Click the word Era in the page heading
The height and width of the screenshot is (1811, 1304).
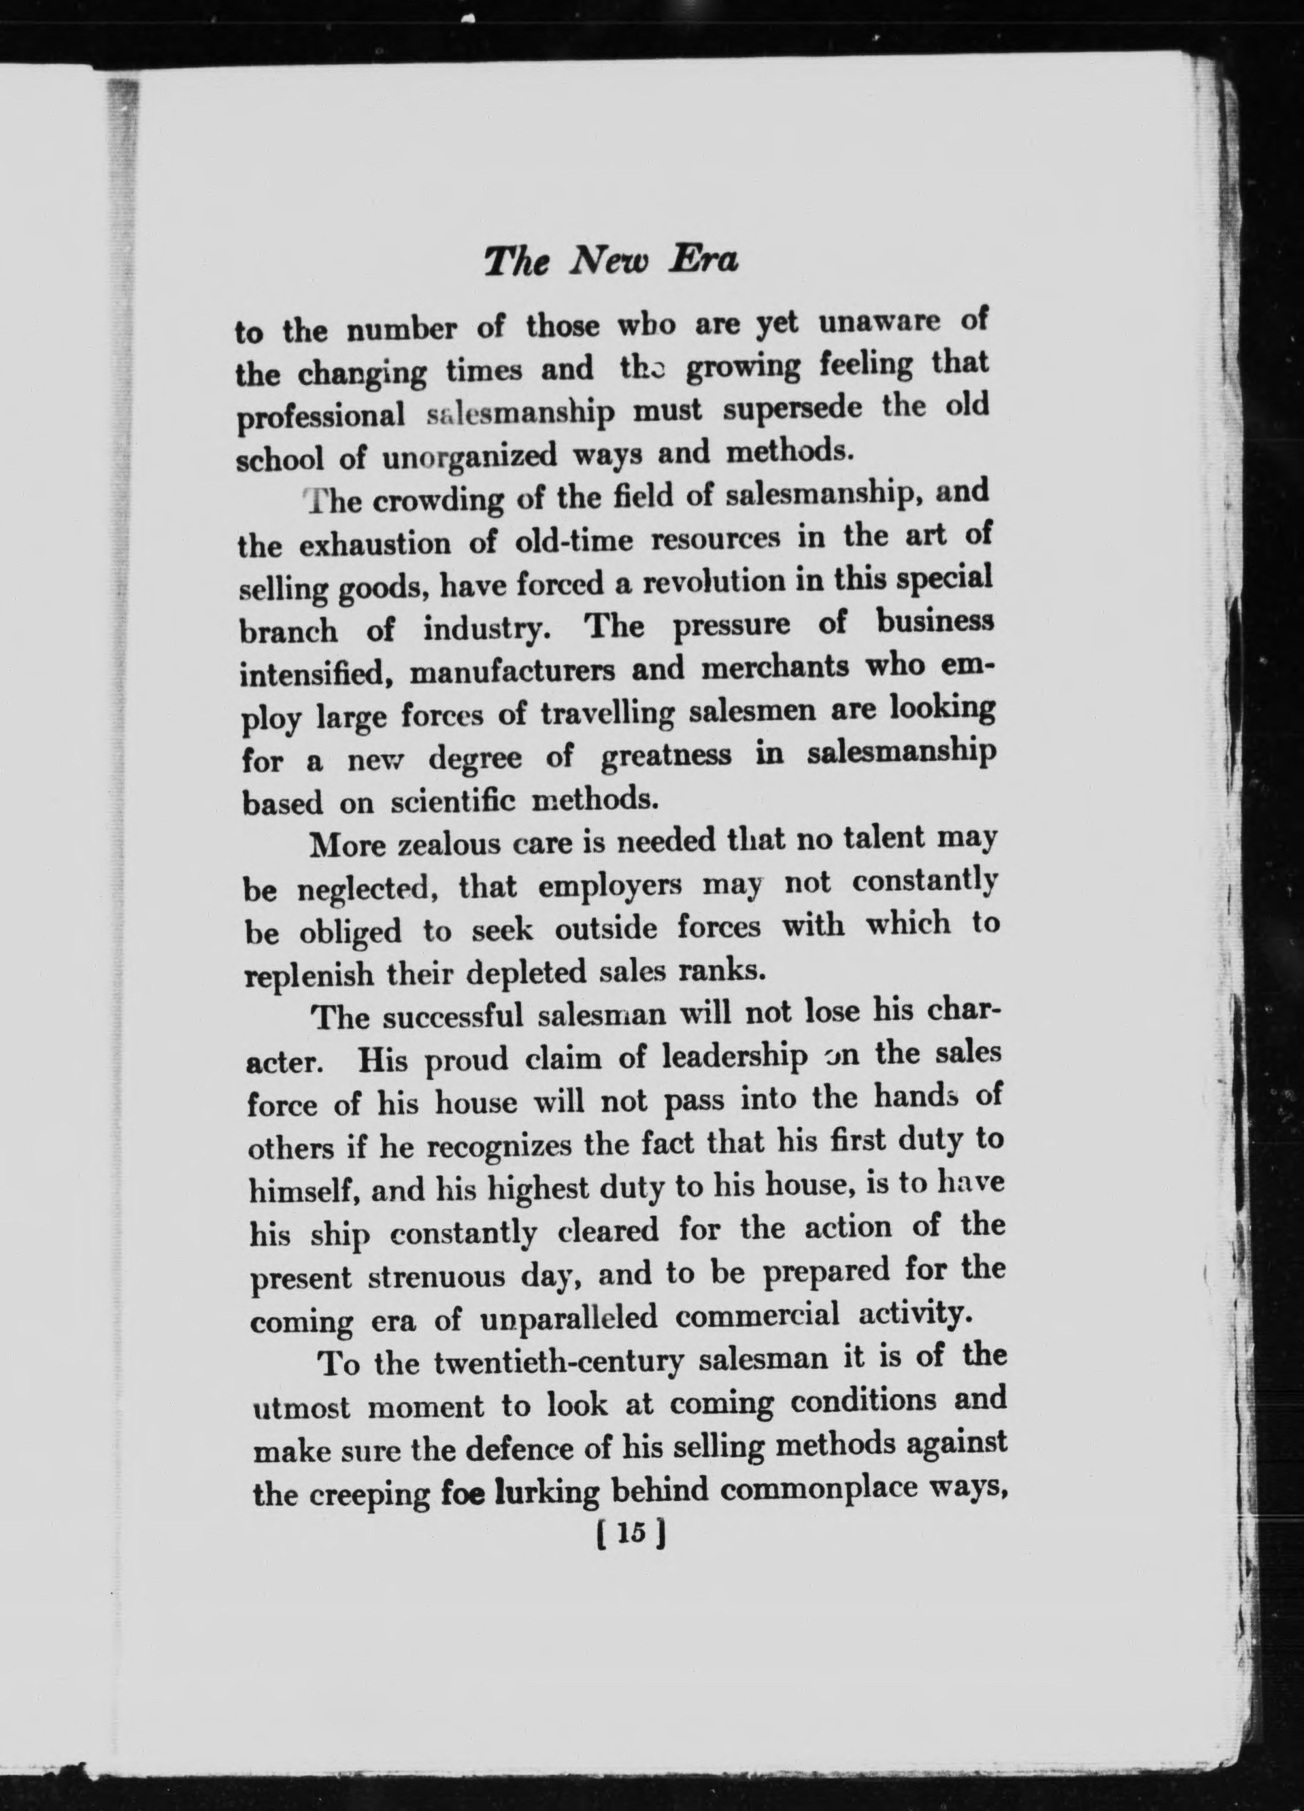click(x=702, y=260)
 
